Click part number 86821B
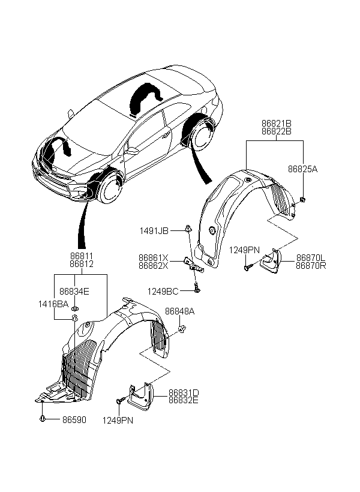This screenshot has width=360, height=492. click(x=276, y=124)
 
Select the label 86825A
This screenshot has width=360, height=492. click(x=302, y=169)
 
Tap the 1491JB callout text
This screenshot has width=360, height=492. click(x=154, y=231)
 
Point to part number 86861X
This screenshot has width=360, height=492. click(x=154, y=258)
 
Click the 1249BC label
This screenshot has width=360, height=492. click(x=163, y=292)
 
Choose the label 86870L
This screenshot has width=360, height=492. click(x=311, y=258)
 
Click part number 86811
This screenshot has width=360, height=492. click(x=81, y=256)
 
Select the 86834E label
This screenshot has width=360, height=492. click(x=74, y=292)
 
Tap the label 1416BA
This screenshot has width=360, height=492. click(x=53, y=304)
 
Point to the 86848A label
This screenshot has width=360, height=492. click(x=179, y=311)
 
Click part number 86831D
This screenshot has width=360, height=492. click(x=184, y=392)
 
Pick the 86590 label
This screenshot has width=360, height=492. click(x=74, y=420)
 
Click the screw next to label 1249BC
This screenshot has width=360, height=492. click(x=196, y=287)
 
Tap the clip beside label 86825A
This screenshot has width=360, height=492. click(x=302, y=199)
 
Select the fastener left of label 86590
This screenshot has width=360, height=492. click(x=42, y=418)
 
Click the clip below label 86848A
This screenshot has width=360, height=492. click(x=181, y=329)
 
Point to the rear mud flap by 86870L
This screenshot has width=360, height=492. click(x=271, y=261)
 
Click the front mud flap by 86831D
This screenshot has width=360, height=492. click(x=141, y=397)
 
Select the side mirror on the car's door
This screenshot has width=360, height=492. click(x=131, y=151)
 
